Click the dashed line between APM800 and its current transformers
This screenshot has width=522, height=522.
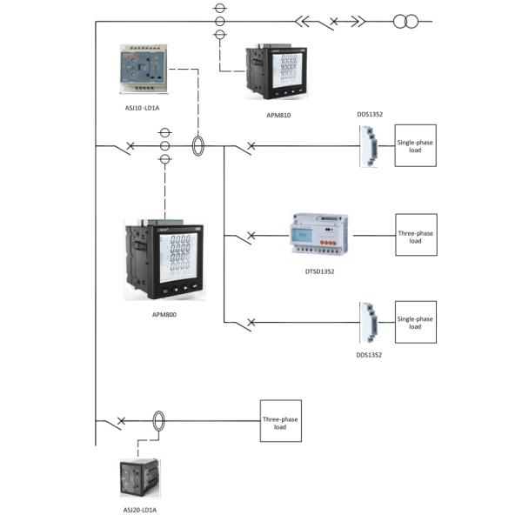coord(164,184)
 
